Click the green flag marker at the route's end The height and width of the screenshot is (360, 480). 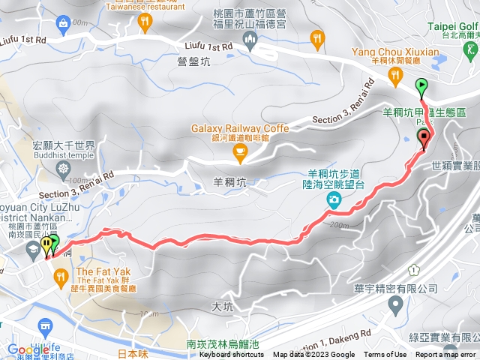coord(421,85)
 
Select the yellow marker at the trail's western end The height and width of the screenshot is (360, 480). coord(46,244)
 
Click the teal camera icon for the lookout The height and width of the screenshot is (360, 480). coord(333,199)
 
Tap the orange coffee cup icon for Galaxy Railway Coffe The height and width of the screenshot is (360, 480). coord(240,154)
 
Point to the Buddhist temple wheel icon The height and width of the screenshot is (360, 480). coord(62,166)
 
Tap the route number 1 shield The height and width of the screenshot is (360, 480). coord(413,270)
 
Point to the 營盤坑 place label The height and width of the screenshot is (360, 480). coord(193,63)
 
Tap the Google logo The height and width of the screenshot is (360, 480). coord(28,349)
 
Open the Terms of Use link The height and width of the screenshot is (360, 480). coord(385,355)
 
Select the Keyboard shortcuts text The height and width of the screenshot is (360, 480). coord(232,355)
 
